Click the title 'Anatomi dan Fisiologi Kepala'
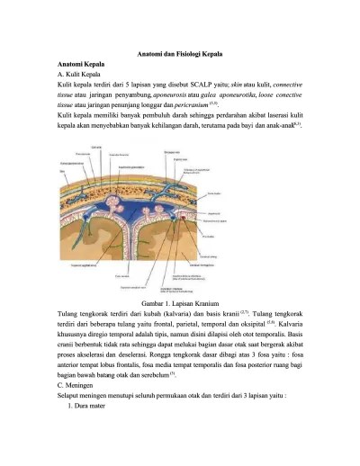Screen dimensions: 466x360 180,55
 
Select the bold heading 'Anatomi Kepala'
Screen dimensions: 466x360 79,67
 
